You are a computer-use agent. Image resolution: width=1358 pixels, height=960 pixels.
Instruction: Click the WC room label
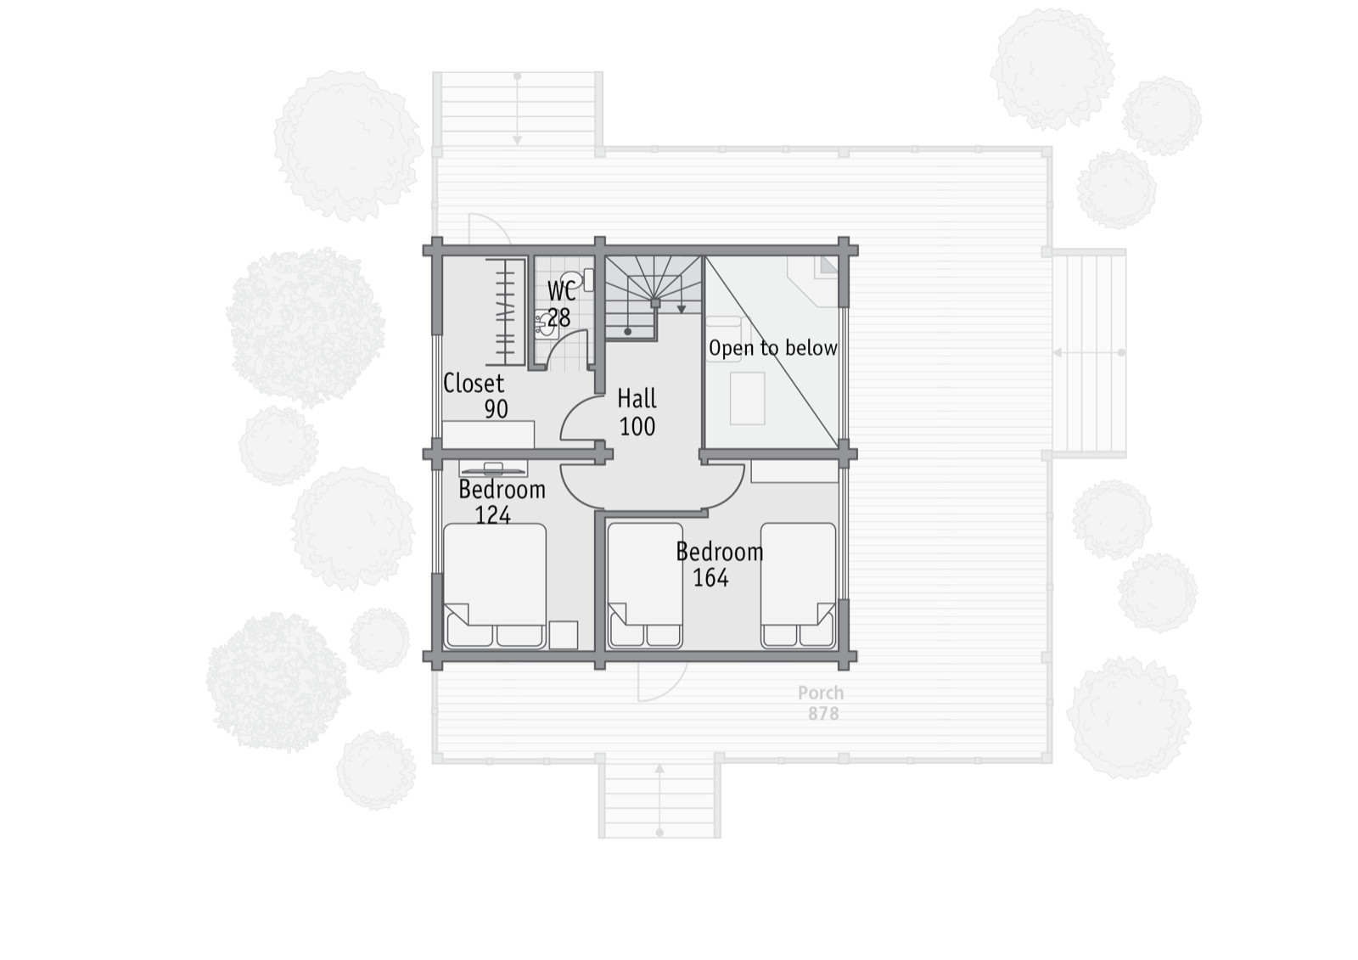[561, 290]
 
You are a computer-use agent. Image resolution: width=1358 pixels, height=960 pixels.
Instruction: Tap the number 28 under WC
[559, 317]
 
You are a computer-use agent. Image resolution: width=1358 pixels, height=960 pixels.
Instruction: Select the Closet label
[474, 384]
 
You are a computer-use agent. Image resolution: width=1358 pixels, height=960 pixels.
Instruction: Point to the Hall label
[637, 399]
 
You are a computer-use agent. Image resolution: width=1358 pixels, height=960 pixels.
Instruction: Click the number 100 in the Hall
[637, 427]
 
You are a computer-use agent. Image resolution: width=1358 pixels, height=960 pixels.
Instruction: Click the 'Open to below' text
[773, 348]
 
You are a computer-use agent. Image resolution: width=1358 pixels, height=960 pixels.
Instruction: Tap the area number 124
[492, 515]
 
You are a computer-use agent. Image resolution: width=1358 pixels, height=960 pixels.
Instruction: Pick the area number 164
[710, 578]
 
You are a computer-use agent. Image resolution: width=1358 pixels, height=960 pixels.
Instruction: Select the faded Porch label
[821, 693]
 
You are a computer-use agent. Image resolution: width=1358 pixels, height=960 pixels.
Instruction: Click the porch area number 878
[823, 714]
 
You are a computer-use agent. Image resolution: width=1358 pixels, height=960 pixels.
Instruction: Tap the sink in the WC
[547, 324]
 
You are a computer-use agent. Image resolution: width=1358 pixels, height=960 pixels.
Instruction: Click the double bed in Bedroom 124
[495, 586]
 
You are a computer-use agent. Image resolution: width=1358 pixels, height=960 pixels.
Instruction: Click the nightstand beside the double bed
[564, 635]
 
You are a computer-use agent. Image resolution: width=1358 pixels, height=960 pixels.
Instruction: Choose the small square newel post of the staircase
[654, 303]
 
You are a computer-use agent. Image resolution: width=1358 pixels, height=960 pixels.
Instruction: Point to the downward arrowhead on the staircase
[682, 309]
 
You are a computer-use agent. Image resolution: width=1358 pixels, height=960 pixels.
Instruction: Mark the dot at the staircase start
[627, 332]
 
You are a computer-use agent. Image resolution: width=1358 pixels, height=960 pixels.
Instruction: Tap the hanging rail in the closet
[504, 312]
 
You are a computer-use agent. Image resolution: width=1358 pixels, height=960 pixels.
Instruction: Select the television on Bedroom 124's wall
[493, 469]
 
